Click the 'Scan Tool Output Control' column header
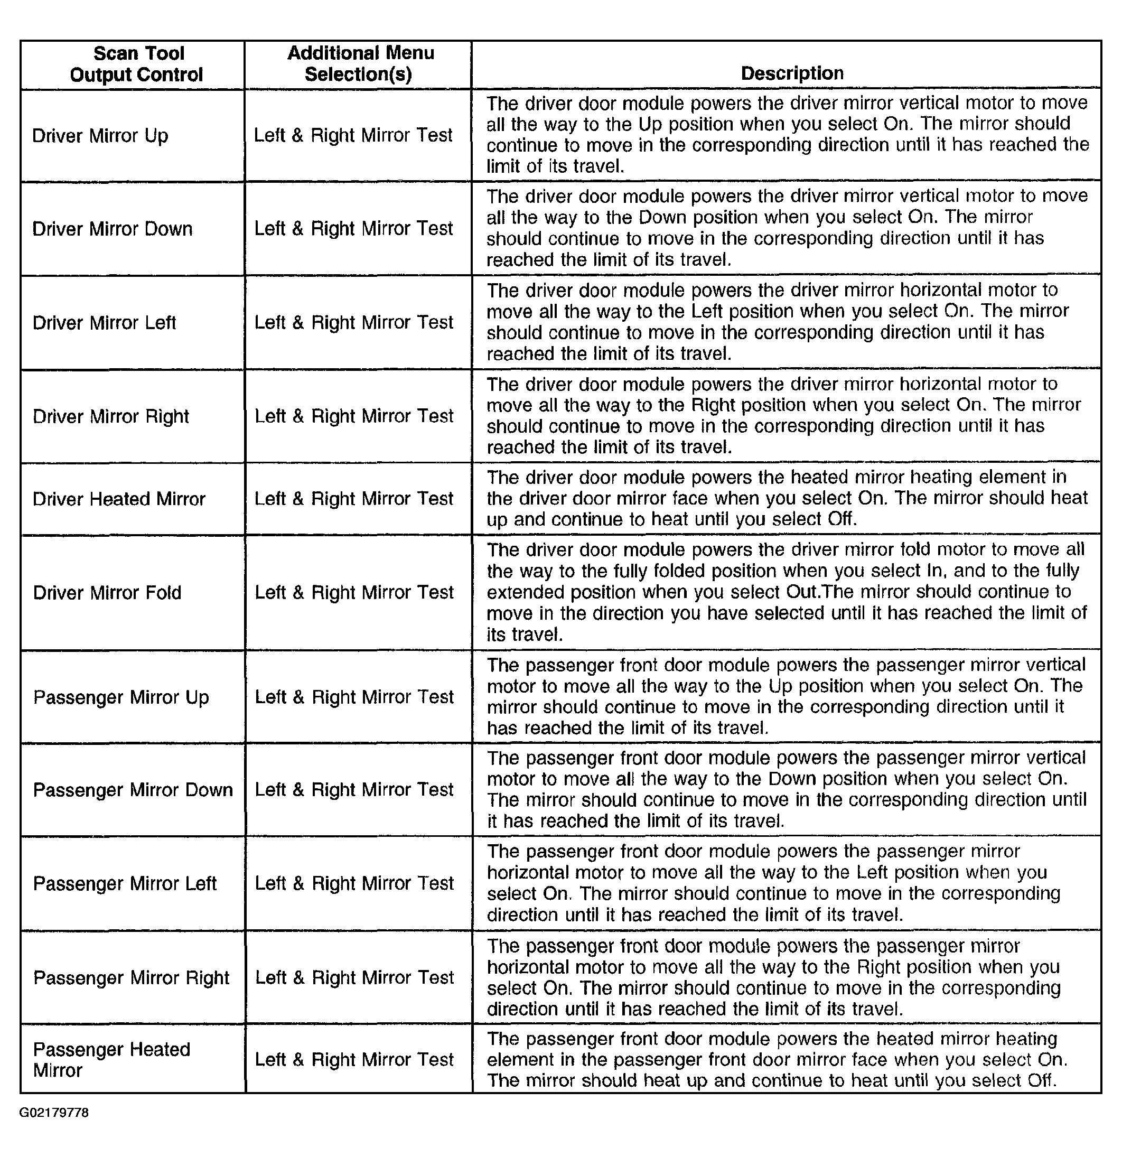coord(137,64)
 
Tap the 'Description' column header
coord(791,73)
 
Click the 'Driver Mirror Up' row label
coord(100,136)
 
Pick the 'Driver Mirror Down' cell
coord(112,229)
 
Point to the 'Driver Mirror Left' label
coord(105,323)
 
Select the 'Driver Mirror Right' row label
coord(111,417)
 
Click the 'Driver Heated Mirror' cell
coord(119,499)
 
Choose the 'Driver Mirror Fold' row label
coord(107,593)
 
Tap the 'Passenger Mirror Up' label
coord(121,698)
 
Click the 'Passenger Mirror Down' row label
coord(133,790)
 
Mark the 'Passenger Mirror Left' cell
coord(125,884)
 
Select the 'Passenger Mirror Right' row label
coord(131,978)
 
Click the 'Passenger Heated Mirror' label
coord(111,1060)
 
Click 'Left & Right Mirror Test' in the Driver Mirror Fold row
coord(354,593)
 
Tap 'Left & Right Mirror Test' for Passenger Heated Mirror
coord(354,1060)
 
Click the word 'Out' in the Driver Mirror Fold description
coord(801,592)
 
